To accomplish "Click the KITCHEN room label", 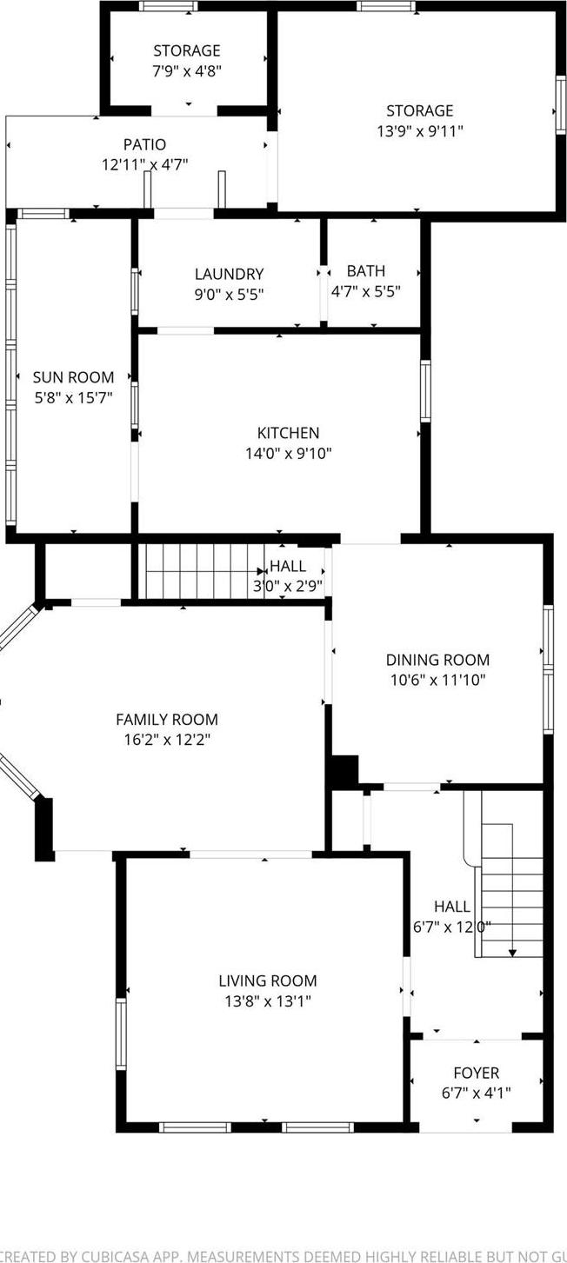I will (x=288, y=433).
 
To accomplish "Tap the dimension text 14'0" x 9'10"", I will (x=288, y=453).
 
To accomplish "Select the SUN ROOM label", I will (x=73, y=377).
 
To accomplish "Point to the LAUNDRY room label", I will (x=229, y=274).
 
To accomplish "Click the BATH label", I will (x=365, y=271).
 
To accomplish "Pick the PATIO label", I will (x=143, y=144).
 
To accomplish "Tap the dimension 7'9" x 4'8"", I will (x=187, y=70).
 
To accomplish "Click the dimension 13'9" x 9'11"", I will (x=420, y=131).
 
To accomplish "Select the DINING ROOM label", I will (x=437, y=660).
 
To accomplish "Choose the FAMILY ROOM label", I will (x=167, y=719).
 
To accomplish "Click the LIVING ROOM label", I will (x=267, y=980).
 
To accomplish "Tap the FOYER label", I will (x=476, y=1073).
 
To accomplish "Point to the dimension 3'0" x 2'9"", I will (x=287, y=586).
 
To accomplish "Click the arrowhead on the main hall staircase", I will (x=512, y=952).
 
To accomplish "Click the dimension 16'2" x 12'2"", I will (x=167, y=739).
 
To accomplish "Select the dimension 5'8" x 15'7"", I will (x=73, y=397).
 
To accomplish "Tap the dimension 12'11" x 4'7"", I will (x=143, y=164).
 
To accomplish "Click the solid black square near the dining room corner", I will (x=344, y=771).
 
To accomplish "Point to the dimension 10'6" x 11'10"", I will (x=437, y=680).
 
